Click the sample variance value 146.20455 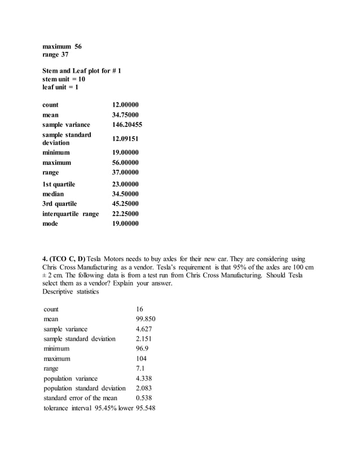(126, 124)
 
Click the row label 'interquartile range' (71, 214)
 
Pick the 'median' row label (54, 194)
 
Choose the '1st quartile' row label (59, 184)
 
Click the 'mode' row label (51, 223)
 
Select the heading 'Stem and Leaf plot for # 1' (82, 71)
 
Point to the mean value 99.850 (146, 319)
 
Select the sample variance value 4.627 (144, 328)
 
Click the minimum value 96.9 (142, 349)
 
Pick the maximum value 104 (141, 358)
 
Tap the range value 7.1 (140, 368)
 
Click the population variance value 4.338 (144, 379)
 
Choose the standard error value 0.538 (144, 398)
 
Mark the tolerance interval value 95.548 (146, 408)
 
